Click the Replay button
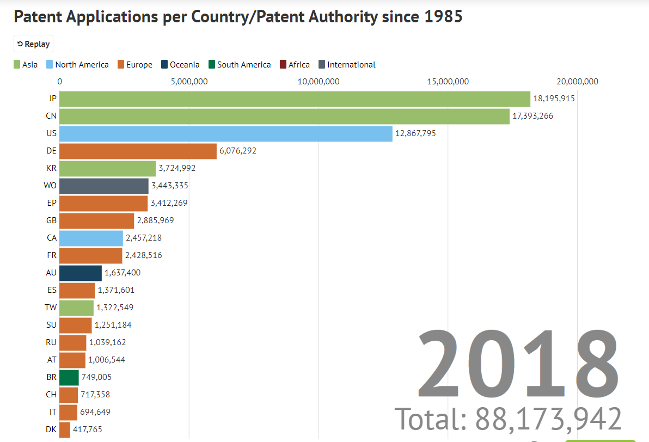click(33, 44)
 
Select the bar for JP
click(295, 99)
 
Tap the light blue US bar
click(226, 134)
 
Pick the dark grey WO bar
click(104, 186)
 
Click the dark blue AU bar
click(81, 273)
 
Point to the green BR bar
click(69, 377)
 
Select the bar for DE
click(138, 151)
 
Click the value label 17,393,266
click(532, 116)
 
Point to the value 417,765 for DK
click(88, 429)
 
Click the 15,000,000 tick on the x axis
click(448, 82)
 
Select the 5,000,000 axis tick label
click(189, 82)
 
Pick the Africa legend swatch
click(283, 65)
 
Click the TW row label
click(51, 308)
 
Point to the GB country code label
click(52, 220)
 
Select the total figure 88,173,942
click(548, 419)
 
